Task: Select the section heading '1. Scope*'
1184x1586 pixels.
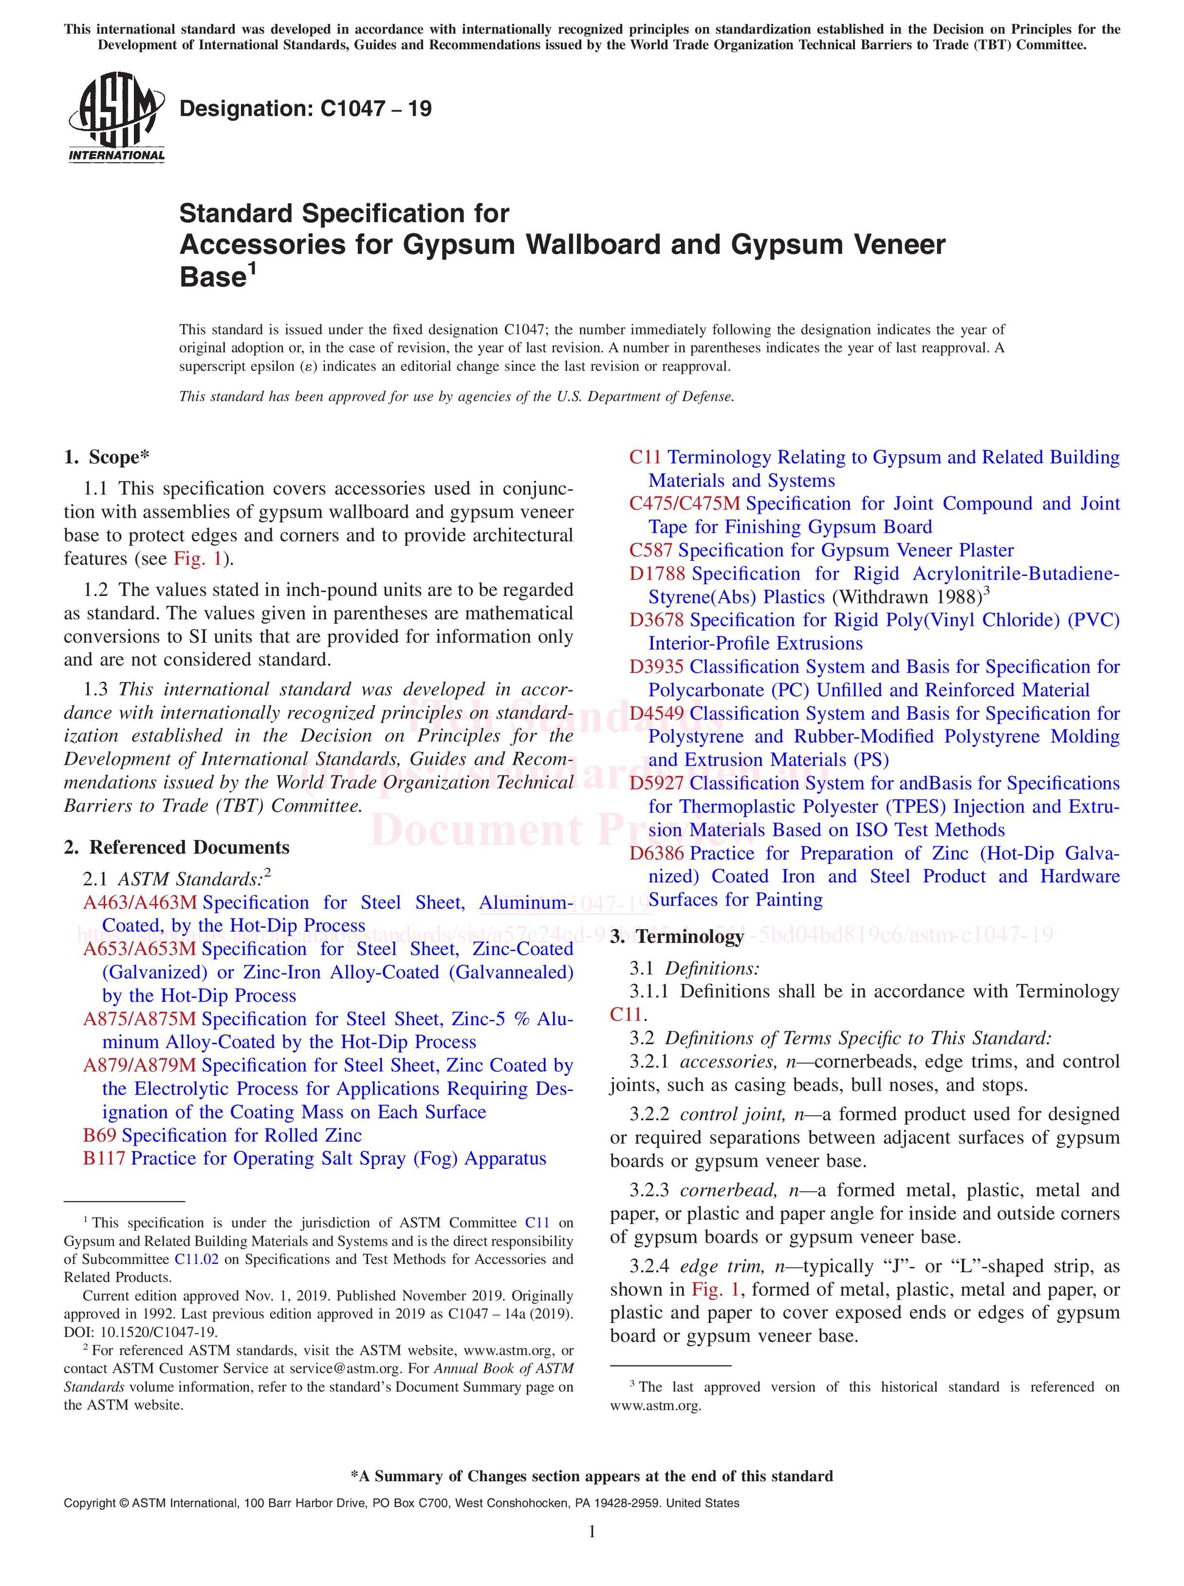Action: (x=107, y=457)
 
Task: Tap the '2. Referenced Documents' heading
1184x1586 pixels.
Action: (x=177, y=847)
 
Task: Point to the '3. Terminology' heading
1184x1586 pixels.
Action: (x=677, y=936)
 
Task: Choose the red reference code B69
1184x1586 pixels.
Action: (x=100, y=1135)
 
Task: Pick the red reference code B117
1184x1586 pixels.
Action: (x=105, y=1159)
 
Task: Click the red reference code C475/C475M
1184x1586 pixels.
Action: (x=684, y=504)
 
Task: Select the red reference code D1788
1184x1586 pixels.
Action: (x=657, y=574)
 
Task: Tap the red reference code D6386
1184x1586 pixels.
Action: (x=657, y=853)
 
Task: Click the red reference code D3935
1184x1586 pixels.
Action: (x=656, y=667)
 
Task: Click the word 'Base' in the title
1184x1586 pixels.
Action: (x=213, y=278)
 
